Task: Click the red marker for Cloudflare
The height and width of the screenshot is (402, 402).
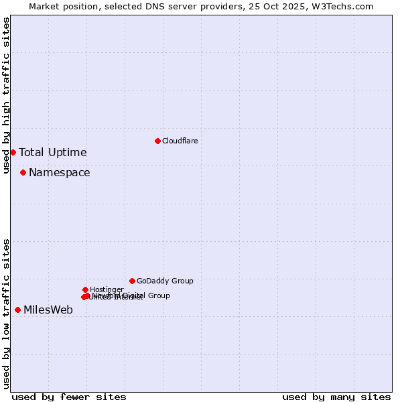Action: coord(157,141)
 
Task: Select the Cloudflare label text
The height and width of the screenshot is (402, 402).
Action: coord(180,141)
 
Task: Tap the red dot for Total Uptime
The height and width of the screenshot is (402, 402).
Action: coord(13,152)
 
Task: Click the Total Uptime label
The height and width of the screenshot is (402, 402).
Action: coord(53,152)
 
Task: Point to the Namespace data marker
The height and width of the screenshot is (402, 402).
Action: coord(23,172)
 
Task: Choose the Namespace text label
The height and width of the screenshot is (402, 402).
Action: coord(59,172)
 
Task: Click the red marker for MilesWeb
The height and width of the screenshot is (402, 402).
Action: coord(17,310)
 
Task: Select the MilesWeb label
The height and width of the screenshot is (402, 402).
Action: coord(48,310)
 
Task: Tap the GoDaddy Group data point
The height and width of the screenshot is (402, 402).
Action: coord(132,281)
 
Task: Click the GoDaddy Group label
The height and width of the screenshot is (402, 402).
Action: coord(165,281)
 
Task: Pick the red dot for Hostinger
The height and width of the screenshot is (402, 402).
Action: coord(85,289)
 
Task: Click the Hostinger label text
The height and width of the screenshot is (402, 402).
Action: coord(107,289)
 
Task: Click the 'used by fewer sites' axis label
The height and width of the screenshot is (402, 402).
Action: coord(69,397)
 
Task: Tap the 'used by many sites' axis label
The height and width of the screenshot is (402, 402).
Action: coord(336,397)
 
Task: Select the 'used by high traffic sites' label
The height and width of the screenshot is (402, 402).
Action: coord(6,95)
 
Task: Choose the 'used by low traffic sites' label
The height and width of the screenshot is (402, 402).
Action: coord(6,313)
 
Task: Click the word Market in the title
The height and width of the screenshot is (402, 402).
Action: coord(43,6)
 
